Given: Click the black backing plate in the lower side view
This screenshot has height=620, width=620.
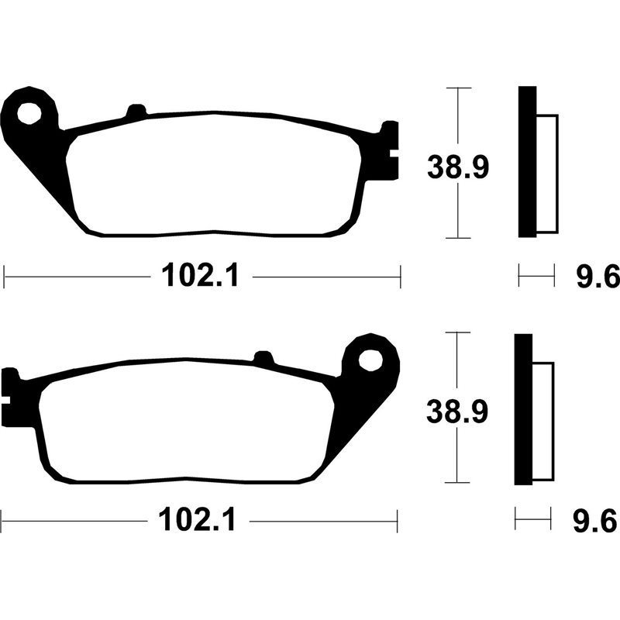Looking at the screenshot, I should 523,408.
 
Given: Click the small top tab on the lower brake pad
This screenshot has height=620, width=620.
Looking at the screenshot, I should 264,359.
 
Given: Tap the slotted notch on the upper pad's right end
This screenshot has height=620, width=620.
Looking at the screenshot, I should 391,150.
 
